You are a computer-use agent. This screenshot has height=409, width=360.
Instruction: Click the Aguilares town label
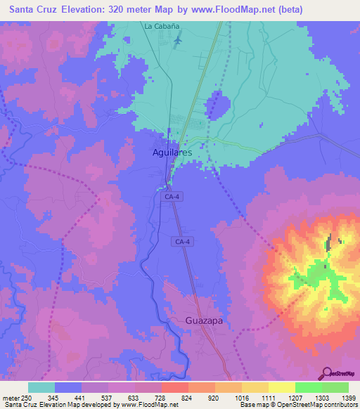pos(172,152)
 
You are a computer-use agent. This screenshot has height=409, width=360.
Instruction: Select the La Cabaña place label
pos(162,26)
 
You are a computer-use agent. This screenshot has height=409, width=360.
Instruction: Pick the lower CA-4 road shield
pos(181,241)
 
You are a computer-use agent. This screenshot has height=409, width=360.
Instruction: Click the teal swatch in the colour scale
pos(41,387)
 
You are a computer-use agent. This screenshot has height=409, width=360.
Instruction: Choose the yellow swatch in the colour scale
pos(255,387)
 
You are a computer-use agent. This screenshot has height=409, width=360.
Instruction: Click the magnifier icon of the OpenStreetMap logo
pos(326,372)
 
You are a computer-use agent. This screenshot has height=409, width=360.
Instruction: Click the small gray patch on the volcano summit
pos(329,244)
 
